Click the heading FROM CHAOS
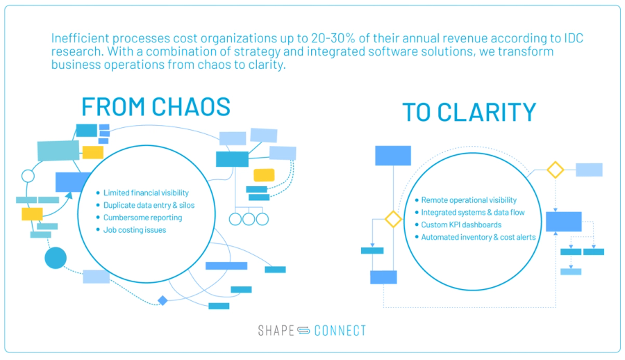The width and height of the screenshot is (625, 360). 156,106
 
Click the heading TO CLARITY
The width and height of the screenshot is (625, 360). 469,113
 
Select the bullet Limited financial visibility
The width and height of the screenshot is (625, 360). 146,193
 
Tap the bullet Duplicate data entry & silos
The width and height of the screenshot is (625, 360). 149,205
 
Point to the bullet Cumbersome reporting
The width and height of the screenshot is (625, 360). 142,218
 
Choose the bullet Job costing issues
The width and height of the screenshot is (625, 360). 135,230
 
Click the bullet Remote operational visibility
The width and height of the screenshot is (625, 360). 469,200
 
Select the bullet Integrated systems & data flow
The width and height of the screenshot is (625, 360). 473,213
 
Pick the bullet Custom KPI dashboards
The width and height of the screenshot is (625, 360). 461,225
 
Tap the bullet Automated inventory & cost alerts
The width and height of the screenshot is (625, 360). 478,238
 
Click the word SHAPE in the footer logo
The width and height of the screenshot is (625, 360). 276,331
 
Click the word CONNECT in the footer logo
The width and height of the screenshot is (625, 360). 340,331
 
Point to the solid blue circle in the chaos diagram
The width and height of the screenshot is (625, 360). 56,259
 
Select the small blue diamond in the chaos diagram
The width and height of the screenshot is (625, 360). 162,300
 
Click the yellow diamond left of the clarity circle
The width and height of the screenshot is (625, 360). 394,220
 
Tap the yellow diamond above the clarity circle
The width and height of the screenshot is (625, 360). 555,170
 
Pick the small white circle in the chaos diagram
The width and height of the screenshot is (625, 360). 28,175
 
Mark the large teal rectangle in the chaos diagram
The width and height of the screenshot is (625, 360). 58,150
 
